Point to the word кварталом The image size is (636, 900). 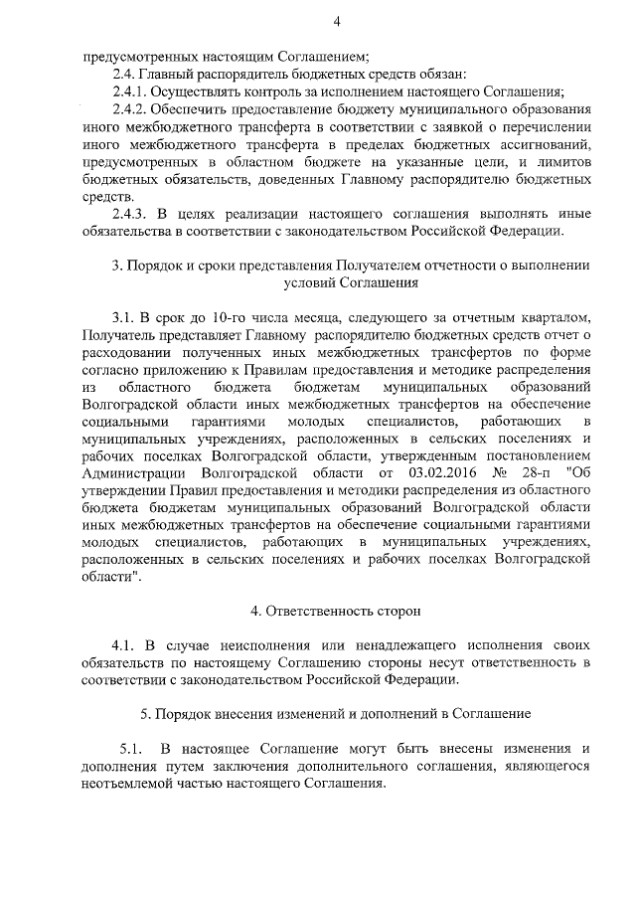[556, 316]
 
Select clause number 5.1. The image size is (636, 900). [132, 748]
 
